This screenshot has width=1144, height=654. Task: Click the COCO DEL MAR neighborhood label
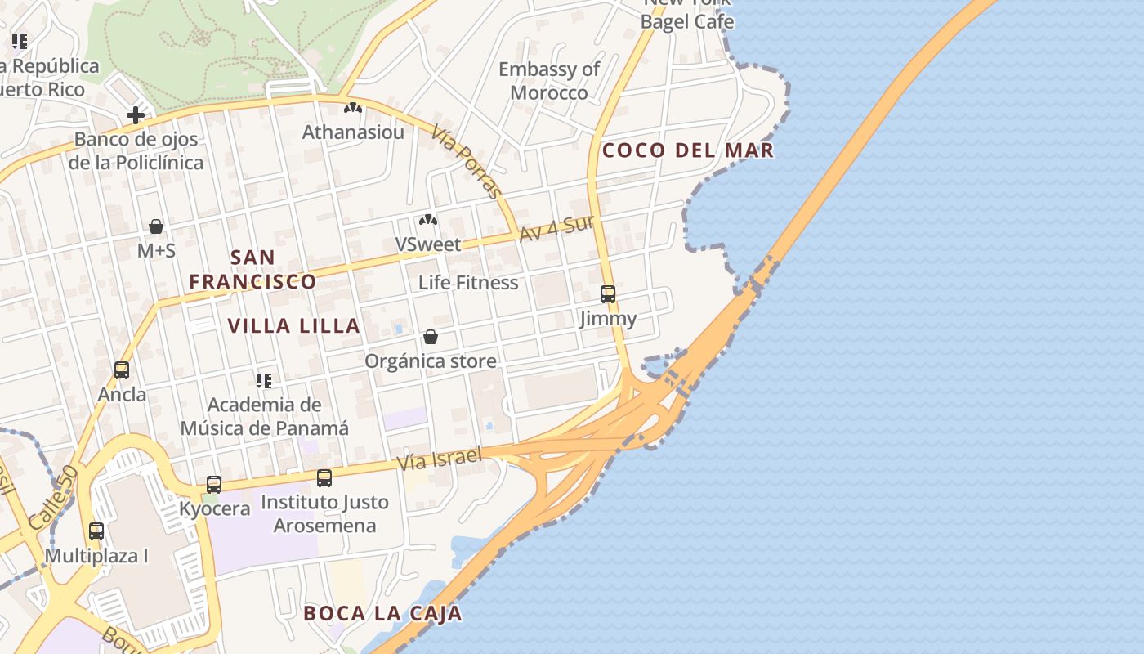(687, 150)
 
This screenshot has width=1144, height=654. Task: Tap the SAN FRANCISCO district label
(252, 270)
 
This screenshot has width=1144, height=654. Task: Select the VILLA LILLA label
(293, 326)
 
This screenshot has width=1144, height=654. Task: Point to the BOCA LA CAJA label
(382, 614)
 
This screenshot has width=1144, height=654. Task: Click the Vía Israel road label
(439, 459)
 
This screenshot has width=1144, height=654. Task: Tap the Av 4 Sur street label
(556, 228)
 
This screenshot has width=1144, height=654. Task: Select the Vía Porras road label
(467, 162)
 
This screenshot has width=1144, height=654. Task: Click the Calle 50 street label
(52, 497)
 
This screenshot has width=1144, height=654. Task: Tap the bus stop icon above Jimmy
(608, 294)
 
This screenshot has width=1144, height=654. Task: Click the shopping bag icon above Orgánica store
(431, 337)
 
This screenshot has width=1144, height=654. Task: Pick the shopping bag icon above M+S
(156, 226)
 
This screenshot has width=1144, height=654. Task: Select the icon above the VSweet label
(427, 220)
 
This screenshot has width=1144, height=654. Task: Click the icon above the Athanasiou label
(353, 107)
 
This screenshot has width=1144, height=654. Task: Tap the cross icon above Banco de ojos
(136, 115)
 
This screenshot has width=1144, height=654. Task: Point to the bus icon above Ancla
(122, 370)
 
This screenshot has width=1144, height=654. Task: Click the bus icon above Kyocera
(214, 485)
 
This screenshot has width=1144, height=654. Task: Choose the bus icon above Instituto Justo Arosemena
(324, 478)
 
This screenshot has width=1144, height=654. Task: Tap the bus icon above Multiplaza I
(96, 531)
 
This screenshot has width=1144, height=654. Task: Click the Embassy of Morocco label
(549, 81)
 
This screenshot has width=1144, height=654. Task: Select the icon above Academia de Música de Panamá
(264, 380)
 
